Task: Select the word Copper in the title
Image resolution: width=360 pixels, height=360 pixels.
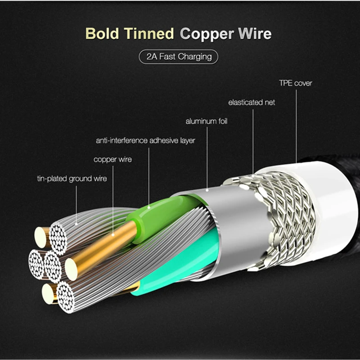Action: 207,34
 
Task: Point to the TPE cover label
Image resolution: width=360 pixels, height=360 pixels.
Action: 295,83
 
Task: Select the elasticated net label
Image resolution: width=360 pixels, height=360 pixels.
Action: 252,102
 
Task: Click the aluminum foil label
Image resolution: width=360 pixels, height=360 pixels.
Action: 207,121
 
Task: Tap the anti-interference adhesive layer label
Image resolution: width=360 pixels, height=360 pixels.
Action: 145,140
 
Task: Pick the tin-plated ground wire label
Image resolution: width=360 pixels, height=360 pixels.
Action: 72,179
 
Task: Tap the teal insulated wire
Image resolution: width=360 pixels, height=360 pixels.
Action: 180,270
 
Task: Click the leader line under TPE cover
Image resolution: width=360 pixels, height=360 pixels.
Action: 296,126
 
